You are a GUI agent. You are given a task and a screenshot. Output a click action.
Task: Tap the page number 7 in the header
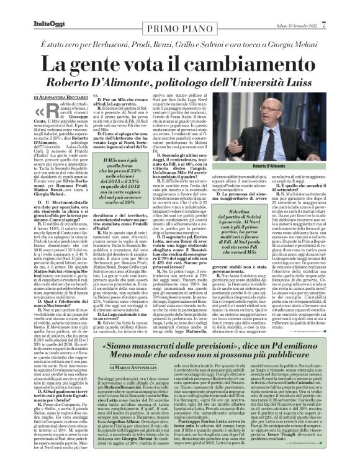point(341,7)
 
